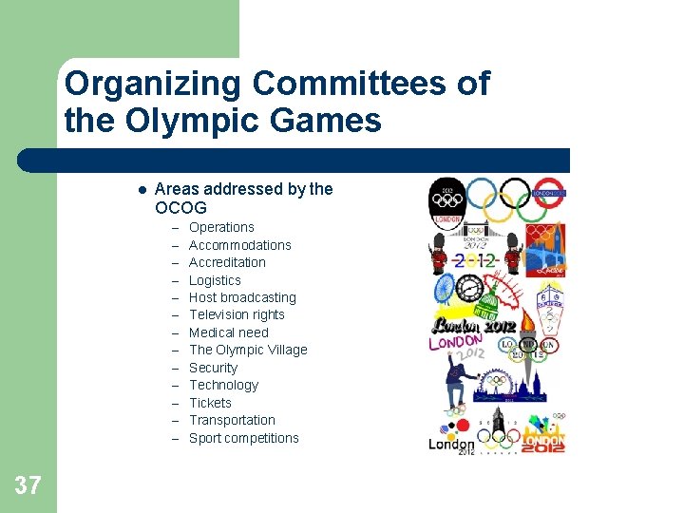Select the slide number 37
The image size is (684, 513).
pyautogui.click(x=28, y=485)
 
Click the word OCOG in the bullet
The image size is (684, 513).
pyautogui.click(x=180, y=207)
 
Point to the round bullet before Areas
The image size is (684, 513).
pyautogui.click(x=141, y=189)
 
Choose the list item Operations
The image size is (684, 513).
pyautogui.click(x=221, y=227)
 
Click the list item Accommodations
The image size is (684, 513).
pyautogui.click(x=239, y=245)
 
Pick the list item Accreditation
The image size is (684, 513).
pyautogui.click(x=227, y=262)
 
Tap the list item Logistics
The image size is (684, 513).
pyautogui.click(x=215, y=280)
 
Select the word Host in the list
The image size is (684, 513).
pyautogui.click(x=202, y=297)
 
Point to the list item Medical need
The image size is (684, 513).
pyautogui.click(x=228, y=332)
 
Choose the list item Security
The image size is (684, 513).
pyautogui.click(x=213, y=368)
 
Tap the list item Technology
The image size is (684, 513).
pyautogui.click(x=223, y=385)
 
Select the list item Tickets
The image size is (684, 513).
pyautogui.click(x=210, y=403)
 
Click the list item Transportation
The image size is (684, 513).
pyautogui.click(x=232, y=420)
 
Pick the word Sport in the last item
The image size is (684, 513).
pyautogui.click(x=204, y=438)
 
